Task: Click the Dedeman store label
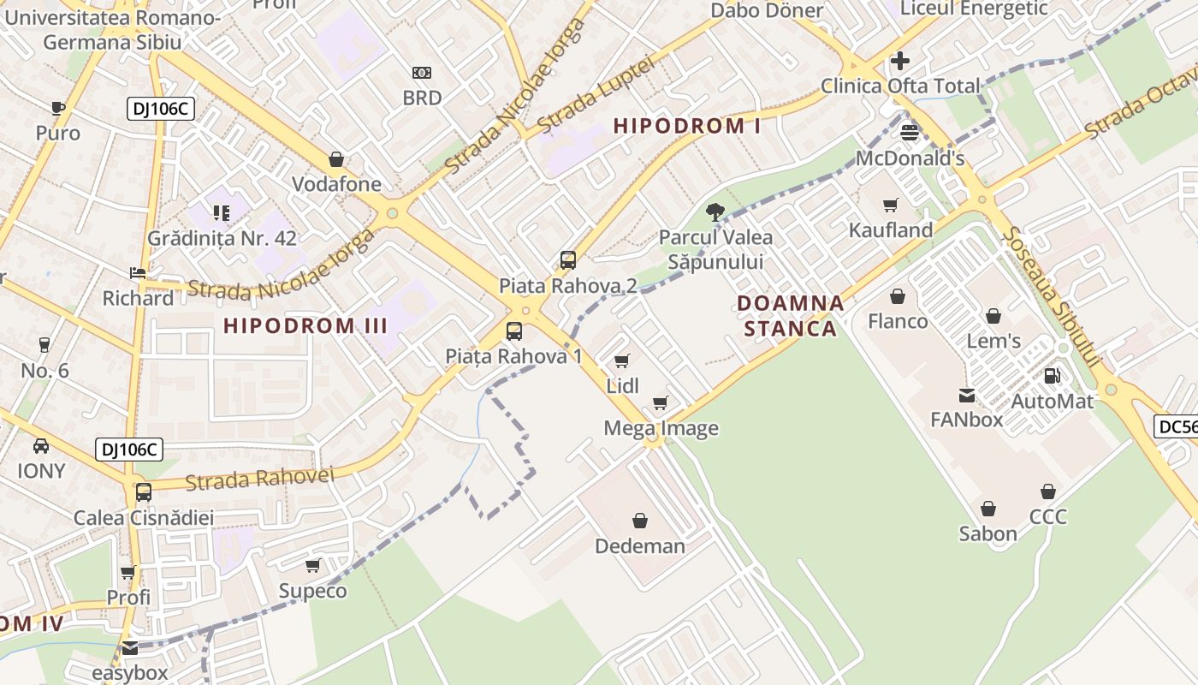(640, 545)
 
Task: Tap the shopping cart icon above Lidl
(622, 360)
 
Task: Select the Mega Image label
(661, 428)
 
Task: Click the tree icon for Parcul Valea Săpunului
(715, 211)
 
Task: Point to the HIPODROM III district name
(305, 325)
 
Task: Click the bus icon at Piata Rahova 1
(514, 331)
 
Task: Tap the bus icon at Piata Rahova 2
(568, 260)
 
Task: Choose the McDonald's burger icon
(910, 132)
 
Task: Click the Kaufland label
(891, 230)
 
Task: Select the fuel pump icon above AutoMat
(1053, 375)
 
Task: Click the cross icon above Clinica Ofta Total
(900, 61)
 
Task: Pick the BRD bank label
(423, 98)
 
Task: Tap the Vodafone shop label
(337, 184)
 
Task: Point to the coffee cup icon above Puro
(58, 108)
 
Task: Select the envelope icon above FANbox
(967, 395)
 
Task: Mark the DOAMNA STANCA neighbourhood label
(790, 315)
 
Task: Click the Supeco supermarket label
(313, 591)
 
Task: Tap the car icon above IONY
(41, 446)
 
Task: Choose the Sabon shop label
(988, 533)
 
